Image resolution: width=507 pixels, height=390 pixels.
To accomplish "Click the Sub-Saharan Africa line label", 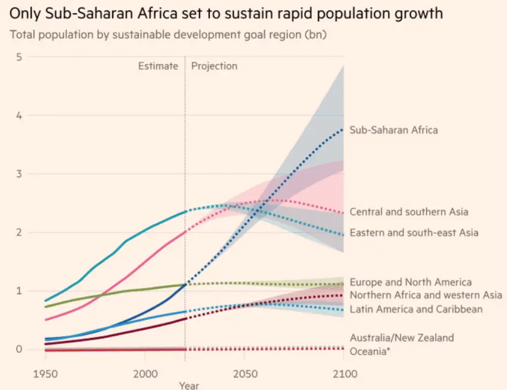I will click(393, 129).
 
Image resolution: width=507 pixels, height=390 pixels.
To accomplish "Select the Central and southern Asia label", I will click(409, 211).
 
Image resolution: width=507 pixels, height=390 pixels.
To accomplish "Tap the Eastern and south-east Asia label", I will click(414, 232).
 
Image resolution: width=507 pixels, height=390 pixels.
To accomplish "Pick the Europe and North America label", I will click(410, 282).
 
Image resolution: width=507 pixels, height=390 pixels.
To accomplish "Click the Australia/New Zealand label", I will click(402, 338).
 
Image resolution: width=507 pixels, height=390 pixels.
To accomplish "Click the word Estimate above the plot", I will click(158, 66).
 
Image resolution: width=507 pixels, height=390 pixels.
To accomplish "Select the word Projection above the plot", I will click(214, 66).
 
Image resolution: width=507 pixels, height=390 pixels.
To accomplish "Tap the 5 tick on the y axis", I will click(19, 57).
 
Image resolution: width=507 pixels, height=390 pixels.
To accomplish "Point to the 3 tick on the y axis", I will click(19, 174).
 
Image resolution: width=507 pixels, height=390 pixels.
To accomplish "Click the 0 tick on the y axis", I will click(19, 349).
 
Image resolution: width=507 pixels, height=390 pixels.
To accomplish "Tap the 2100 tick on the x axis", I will click(344, 373).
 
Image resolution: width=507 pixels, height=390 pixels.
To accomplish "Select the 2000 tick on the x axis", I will click(144, 373).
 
